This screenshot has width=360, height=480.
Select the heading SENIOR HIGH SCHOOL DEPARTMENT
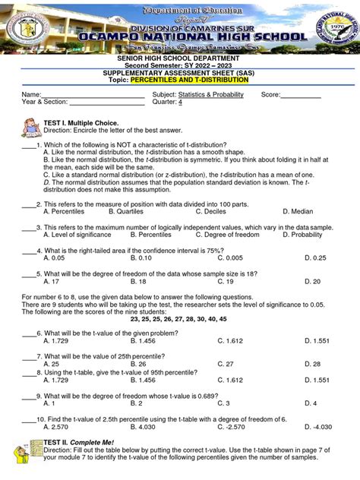(x=179, y=58)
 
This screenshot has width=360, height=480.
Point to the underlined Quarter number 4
(x=180, y=103)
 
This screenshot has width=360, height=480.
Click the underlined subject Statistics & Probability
(x=210, y=95)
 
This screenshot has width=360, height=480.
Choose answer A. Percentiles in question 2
(x=64, y=211)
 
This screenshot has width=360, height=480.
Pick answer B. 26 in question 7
(x=137, y=364)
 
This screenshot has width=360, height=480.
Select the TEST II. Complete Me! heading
(x=82, y=441)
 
